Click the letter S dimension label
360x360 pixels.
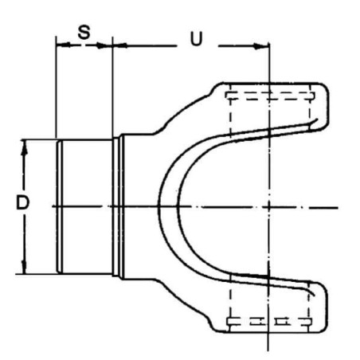pos(84,33)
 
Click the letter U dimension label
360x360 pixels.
pos(197,39)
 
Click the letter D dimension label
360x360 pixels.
pos(22,202)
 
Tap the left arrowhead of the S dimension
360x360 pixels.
pos(64,45)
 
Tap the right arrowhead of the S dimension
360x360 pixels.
pos(104,45)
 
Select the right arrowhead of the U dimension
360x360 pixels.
pos(260,46)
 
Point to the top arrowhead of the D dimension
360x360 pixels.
pos(24,148)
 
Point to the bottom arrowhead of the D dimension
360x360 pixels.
pos(24,266)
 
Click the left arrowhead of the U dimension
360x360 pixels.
pos(120,45)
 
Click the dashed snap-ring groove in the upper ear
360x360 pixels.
pos(270,96)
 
